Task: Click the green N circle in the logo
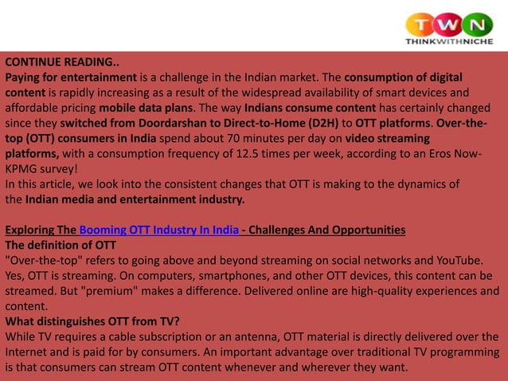(478, 24)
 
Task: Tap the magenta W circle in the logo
(450, 24)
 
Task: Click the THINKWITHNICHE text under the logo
(449, 41)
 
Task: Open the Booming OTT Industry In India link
(159, 230)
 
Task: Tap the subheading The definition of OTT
(61, 245)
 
